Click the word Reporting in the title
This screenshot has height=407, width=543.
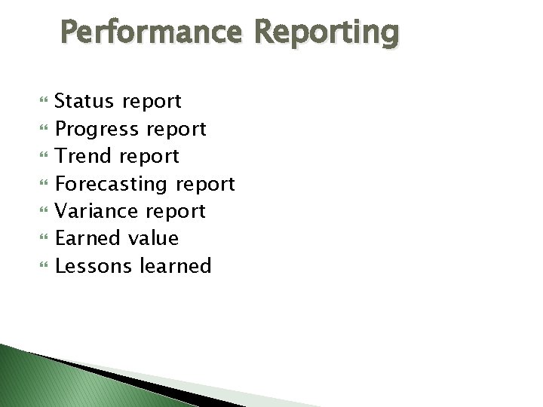[x=326, y=33]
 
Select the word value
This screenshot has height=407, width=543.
[x=153, y=238]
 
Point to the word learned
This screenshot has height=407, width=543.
[x=176, y=265]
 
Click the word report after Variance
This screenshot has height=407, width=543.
[x=176, y=212]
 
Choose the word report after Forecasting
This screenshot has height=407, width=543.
[x=205, y=185]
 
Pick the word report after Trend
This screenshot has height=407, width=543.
[x=149, y=157]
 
